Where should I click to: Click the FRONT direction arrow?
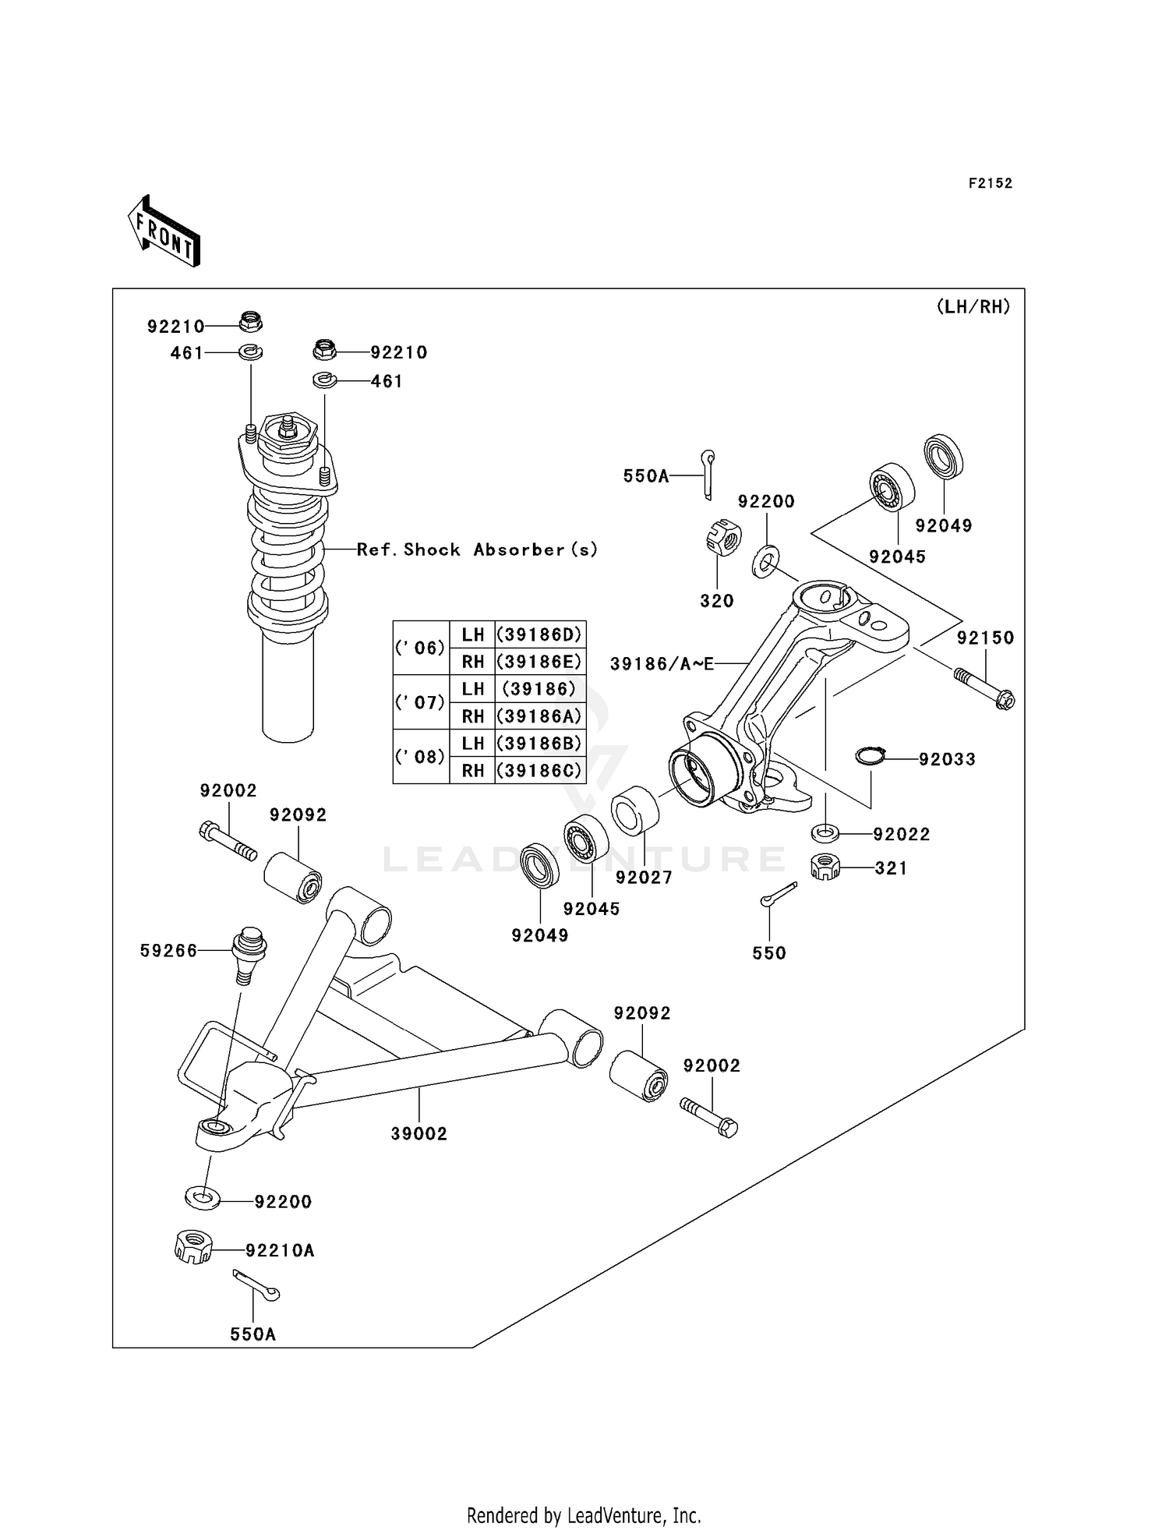164,232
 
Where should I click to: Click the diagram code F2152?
990,183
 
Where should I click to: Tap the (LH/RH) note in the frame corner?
973,307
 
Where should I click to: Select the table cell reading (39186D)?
539,634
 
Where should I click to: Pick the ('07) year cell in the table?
421,702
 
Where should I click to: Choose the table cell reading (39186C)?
539,770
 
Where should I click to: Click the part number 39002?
419,1134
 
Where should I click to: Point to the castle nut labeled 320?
722,538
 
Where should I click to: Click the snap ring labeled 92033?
870,756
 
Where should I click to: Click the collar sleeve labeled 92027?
635,811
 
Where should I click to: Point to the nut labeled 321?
825,867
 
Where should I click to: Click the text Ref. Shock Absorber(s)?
477,549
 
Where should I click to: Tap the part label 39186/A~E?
662,663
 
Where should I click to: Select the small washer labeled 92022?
825,833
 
